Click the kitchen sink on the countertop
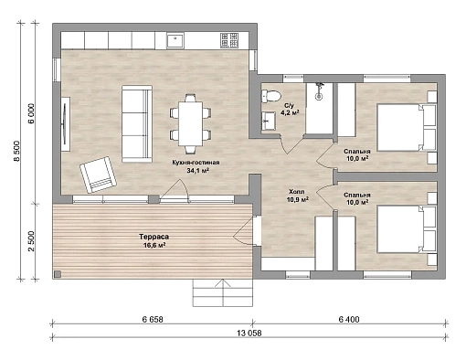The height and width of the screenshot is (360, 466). pyautogui.click(x=175, y=41)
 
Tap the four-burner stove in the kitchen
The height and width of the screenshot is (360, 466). pyautogui.click(x=229, y=40)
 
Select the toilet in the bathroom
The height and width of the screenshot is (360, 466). pyautogui.click(x=270, y=96)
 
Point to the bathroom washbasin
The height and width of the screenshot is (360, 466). pyautogui.click(x=269, y=121)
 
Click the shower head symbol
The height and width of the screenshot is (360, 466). pyautogui.click(x=319, y=90)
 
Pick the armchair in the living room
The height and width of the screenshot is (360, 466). pyautogui.click(x=98, y=175)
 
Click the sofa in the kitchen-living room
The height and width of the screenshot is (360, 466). pyautogui.click(x=137, y=124)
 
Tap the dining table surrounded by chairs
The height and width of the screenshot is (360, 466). pyautogui.click(x=191, y=123)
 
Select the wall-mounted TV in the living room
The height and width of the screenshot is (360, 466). pyautogui.click(x=65, y=123)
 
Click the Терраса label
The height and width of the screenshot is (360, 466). pyautogui.click(x=154, y=237)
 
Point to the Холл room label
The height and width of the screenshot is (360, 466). pyautogui.click(x=297, y=192)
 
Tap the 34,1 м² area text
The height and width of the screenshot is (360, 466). pyautogui.click(x=197, y=170)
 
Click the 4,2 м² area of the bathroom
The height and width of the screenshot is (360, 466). pyautogui.click(x=290, y=112)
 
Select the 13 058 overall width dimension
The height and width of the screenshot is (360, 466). pyautogui.click(x=249, y=333)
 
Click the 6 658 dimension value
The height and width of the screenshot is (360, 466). pyautogui.click(x=153, y=319)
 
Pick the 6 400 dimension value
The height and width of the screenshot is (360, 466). pyautogui.click(x=349, y=319)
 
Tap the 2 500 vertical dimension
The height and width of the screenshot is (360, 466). pyautogui.click(x=32, y=241)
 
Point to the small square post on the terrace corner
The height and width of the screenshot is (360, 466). pyautogui.click(x=58, y=274)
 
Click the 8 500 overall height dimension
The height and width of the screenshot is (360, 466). pyautogui.click(x=16, y=151)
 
